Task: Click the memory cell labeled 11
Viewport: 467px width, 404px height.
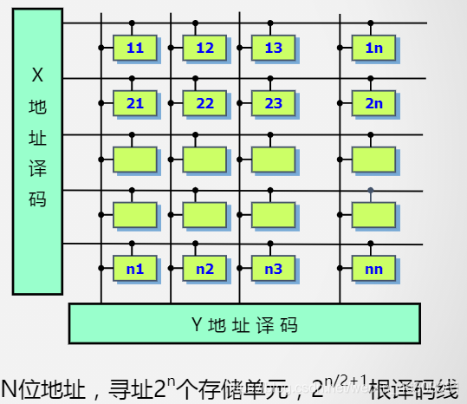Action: point(135,49)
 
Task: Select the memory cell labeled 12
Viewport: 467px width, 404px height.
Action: point(204,49)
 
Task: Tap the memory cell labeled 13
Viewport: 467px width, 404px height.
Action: point(274,49)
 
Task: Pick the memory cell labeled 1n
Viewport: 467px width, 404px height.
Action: point(374,49)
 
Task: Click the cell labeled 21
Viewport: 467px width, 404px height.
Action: point(135,104)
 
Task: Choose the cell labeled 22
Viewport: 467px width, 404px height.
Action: point(204,104)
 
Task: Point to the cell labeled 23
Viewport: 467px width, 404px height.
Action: point(274,104)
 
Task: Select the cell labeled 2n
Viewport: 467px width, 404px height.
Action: point(374,104)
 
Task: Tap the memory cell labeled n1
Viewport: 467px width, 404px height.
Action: point(135,269)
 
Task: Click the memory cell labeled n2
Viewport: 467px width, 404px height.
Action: point(204,269)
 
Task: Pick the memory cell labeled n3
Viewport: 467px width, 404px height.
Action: point(274,269)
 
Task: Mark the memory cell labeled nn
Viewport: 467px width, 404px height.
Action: point(374,269)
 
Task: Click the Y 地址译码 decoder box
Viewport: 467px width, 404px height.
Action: point(244,325)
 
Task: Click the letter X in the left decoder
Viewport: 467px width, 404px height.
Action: point(37,75)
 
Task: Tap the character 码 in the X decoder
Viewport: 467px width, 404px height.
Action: point(37,199)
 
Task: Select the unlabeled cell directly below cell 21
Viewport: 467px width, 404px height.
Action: point(135,160)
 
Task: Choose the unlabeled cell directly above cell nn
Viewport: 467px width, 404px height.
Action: point(374,214)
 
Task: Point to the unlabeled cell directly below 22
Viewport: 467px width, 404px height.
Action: point(204,160)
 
